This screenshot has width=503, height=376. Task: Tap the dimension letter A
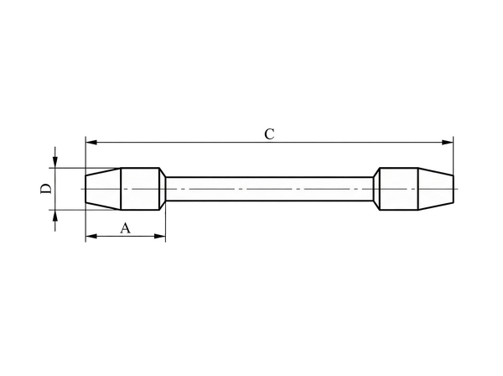click(126, 227)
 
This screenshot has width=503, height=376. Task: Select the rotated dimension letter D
click(47, 189)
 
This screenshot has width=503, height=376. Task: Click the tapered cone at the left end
click(103, 189)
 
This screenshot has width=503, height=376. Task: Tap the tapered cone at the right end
click(434, 189)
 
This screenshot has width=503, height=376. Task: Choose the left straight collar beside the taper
click(140, 189)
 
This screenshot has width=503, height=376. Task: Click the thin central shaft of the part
click(268, 189)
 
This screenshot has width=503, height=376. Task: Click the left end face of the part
click(86, 189)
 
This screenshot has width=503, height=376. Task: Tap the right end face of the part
click(453, 189)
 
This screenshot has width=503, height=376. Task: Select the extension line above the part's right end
click(453, 155)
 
